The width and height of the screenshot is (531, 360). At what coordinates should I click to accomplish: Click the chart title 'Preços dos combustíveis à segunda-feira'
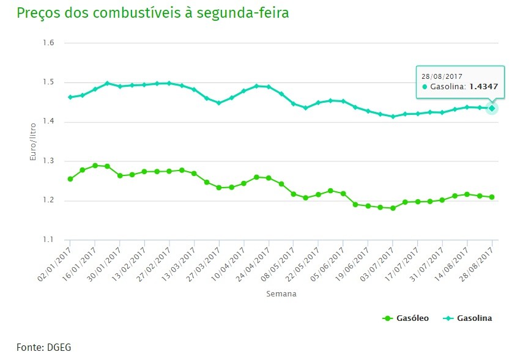pyautogui.click(x=153, y=13)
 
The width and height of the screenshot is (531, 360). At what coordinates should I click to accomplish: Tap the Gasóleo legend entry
pyautogui.click(x=406, y=318)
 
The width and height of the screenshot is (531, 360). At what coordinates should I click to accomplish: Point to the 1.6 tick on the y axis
pyautogui.click(x=49, y=43)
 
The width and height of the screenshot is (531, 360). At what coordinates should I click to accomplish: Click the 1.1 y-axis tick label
pyautogui.click(x=49, y=240)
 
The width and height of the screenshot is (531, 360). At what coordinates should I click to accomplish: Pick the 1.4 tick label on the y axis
pyautogui.click(x=49, y=122)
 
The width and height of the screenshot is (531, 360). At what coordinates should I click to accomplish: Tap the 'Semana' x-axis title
pyautogui.click(x=281, y=294)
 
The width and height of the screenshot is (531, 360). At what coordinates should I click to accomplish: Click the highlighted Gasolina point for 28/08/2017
pyautogui.click(x=492, y=108)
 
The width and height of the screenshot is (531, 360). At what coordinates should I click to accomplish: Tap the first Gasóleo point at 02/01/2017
pyautogui.click(x=70, y=179)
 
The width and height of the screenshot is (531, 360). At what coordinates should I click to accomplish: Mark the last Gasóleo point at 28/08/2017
pyautogui.click(x=492, y=197)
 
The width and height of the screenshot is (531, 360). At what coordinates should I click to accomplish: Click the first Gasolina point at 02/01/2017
pyautogui.click(x=70, y=97)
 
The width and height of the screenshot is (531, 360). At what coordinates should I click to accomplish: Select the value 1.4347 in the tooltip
pyautogui.click(x=484, y=87)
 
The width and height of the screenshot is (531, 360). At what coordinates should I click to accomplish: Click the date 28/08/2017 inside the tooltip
pyautogui.click(x=441, y=76)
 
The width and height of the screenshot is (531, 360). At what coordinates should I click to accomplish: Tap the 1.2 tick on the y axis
pyautogui.click(x=49, y=200)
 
